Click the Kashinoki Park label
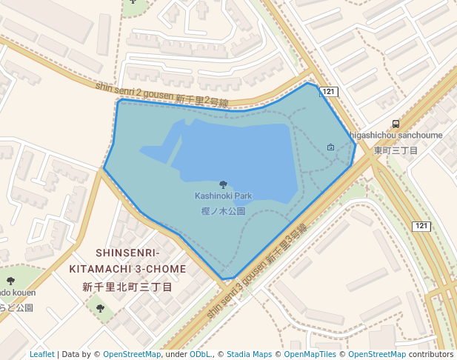(223, 196)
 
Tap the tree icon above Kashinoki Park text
(223, 184)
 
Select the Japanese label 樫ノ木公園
(223, 211)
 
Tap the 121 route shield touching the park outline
(329, 92)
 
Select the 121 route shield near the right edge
(421, 225)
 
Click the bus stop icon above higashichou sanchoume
(396, 124)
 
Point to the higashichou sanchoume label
(396, 136)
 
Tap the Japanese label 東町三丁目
(396, 150)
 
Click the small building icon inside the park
(330, 147)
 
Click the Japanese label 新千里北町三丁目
(127, 287)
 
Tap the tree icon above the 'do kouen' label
(10, 281)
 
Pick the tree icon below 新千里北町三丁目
(100, 308)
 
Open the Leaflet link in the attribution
(42, 354)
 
